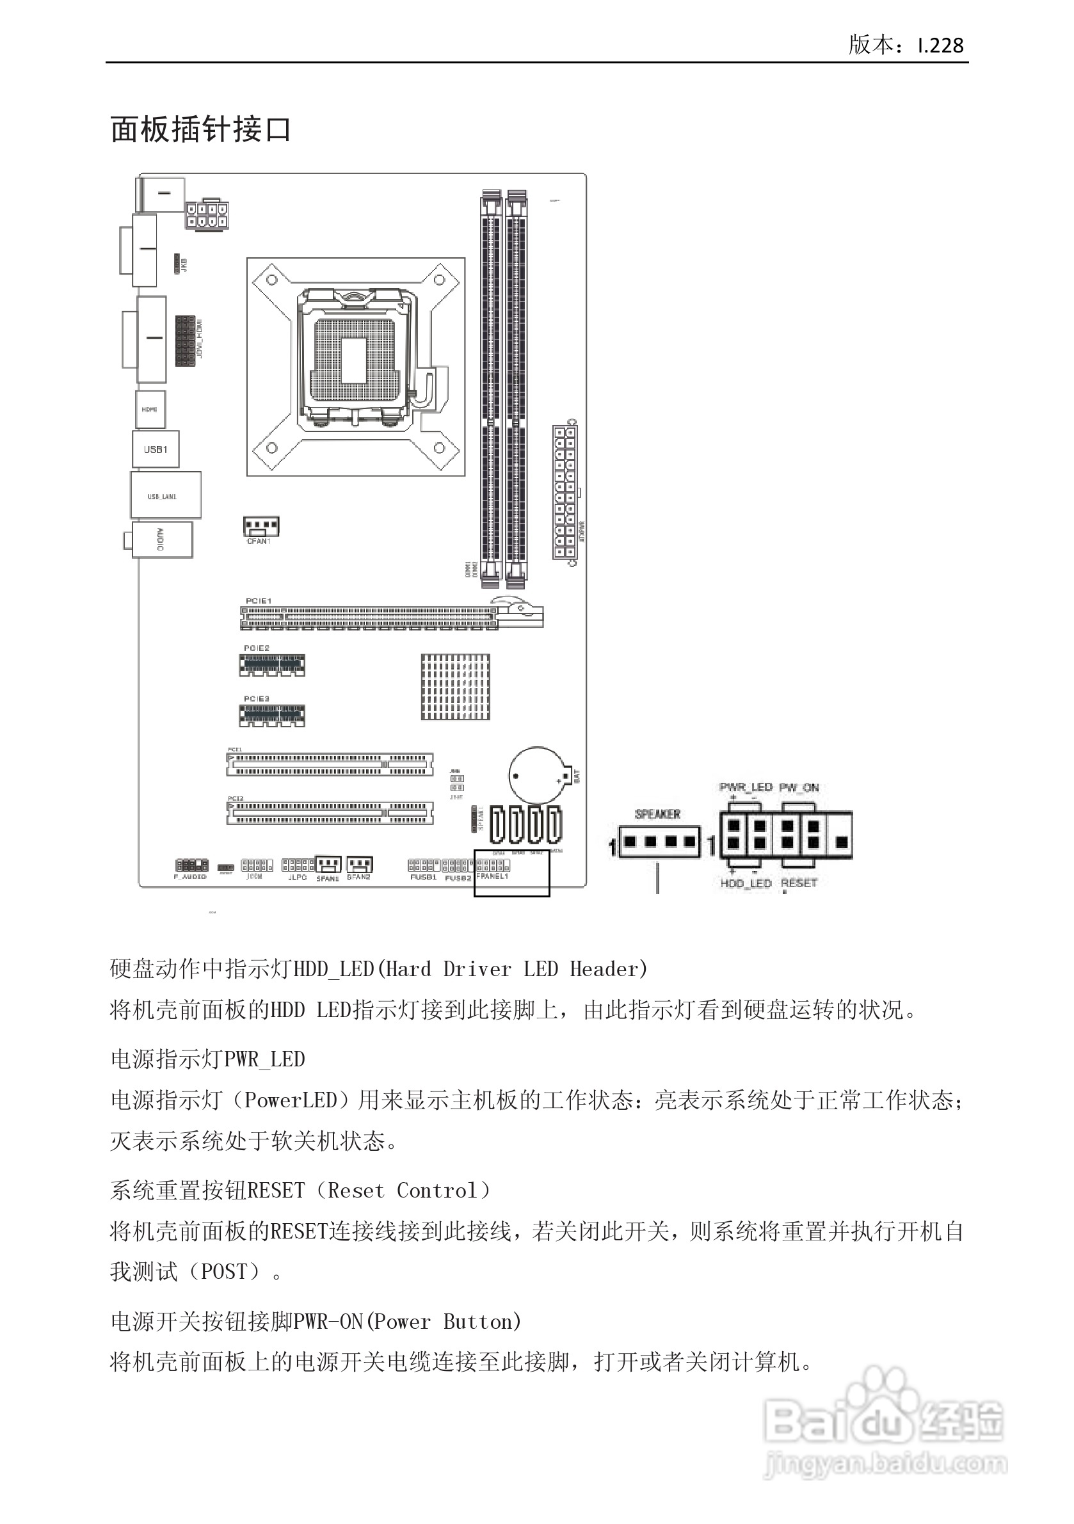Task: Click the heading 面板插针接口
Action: [200, 129]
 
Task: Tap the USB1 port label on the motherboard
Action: [156, 449]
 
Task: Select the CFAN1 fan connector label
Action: [258, 541]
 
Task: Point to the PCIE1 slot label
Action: [258, 601]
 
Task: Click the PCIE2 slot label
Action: [256, 648]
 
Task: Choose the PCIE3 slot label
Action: [256, 699]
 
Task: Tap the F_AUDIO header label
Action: [191, 877]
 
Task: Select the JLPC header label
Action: [298, 878]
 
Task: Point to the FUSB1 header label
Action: [423, 878]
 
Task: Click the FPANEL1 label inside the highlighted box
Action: [492, 876]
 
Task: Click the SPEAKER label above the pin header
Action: [657, 814]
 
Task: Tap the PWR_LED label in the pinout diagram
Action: [746, 787]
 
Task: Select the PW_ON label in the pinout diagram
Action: [799, 787]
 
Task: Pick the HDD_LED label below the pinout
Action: [746, 883]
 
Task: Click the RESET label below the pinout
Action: [799, 883]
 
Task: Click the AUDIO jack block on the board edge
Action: [162, 539]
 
